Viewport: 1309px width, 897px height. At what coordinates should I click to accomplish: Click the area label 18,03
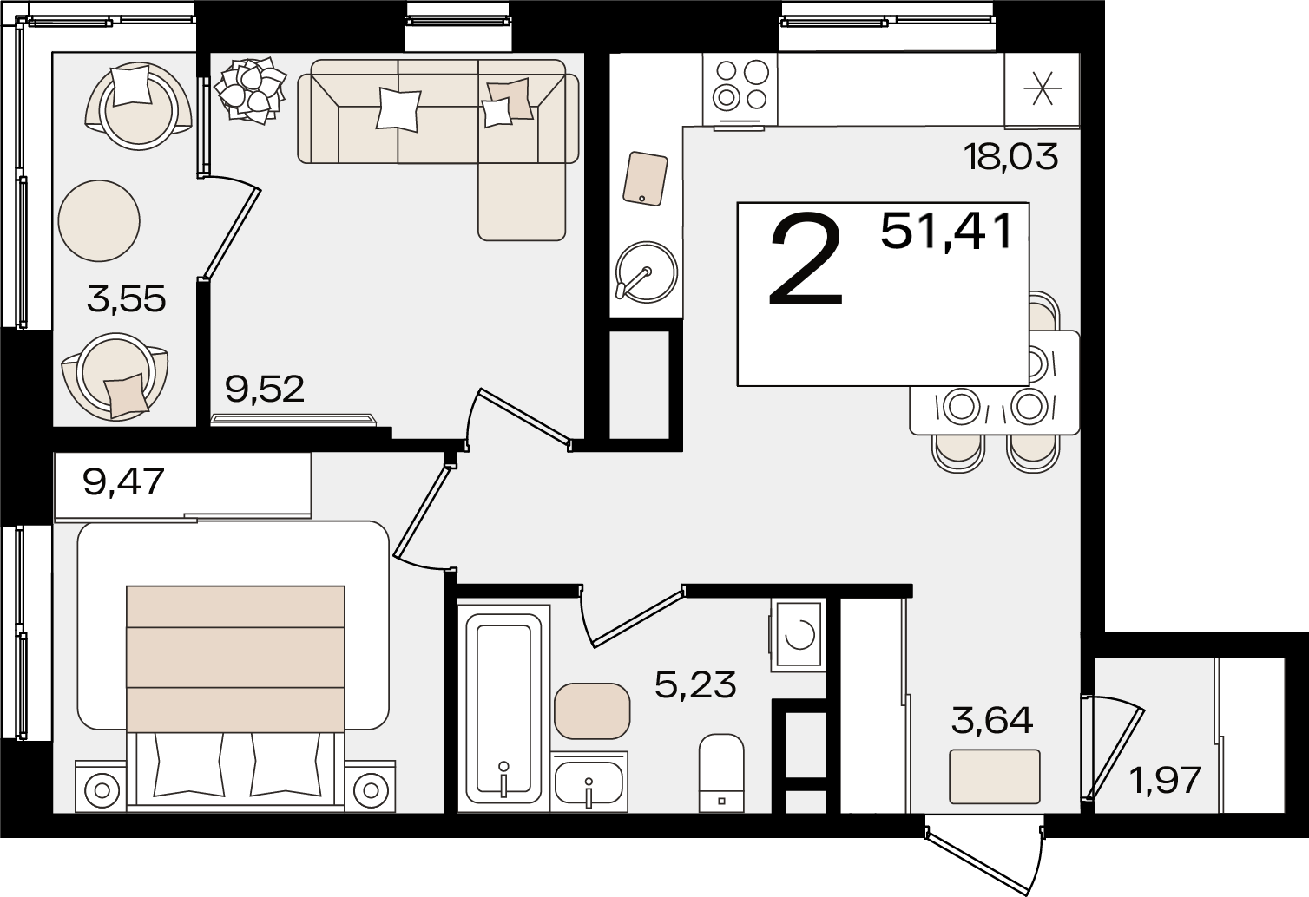coord(1010,157)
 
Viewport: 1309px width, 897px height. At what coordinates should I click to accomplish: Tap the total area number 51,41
coord(946,232)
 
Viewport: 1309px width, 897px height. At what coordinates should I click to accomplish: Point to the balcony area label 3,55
coord(126,299)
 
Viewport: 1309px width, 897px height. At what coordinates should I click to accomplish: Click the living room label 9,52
coord(265,389)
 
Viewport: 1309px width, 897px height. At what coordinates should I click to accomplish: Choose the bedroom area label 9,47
coord(123,482)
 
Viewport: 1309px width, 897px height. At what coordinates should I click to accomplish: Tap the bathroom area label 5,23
coord(695,685)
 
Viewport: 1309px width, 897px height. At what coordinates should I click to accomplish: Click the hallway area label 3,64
coord(991,720)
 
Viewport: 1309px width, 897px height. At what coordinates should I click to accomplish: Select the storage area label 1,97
coord(1165,780)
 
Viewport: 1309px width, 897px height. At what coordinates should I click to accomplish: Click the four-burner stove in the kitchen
coord(740,90)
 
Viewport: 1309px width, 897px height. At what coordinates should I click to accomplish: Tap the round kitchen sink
coord(647,272)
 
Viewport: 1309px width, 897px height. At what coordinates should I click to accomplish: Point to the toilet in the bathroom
coord(721,773)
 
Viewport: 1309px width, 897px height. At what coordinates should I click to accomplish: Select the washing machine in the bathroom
coord(798,635)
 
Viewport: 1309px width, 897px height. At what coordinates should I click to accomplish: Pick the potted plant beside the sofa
coord(250,90)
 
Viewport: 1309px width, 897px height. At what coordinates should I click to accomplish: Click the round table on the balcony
coord(99,220)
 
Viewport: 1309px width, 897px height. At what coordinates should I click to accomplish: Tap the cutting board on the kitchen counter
coord(645,179)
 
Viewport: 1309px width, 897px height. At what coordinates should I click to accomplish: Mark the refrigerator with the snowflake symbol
coord(1042,90)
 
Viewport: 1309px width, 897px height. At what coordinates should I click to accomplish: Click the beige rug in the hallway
coord(995,776)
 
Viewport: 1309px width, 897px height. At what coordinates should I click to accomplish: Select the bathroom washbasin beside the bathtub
coord(589,782)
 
